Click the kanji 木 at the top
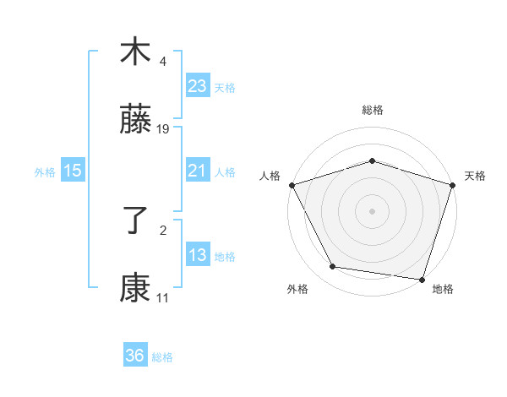135,52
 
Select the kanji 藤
135,122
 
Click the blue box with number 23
198,86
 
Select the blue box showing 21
198,171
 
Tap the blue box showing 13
198,255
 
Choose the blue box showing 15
73,171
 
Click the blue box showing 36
135,356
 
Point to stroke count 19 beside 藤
163,129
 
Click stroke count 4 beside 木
163,61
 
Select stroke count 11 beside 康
162,298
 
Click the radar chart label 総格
373,110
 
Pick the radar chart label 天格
475,176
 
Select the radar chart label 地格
443,289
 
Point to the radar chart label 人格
270,176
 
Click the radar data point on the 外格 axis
333,267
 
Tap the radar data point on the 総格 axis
372,160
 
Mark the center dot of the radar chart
372,210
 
